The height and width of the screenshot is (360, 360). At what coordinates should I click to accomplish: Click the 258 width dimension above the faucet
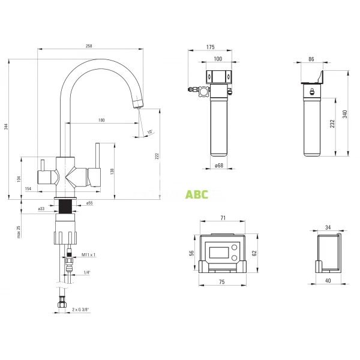(89, 46)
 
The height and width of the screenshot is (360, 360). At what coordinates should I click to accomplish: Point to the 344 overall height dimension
(6, 127)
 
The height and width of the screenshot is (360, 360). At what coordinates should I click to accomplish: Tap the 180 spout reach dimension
(101, 120)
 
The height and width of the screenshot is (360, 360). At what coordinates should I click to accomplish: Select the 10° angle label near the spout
(149, 132)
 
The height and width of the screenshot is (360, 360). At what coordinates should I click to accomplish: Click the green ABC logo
(197, 194)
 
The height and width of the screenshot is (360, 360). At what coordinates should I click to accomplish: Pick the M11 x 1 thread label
(88, 254)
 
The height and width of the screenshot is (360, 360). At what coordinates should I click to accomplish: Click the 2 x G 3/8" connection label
(80, 309)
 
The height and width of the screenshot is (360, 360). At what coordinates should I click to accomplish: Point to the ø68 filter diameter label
(219, 166)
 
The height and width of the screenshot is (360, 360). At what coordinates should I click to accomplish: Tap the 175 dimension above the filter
(211, 47)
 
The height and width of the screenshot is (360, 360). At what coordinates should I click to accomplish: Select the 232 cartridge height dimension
(332, 124)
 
